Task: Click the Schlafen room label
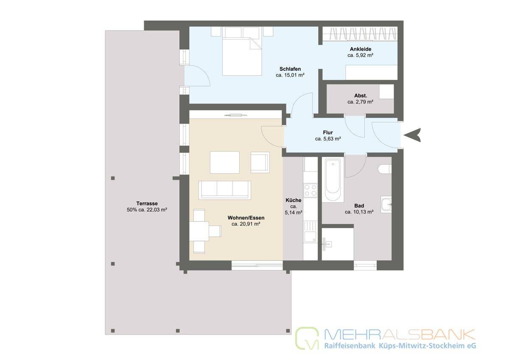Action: [290, 69]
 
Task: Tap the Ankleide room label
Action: [361, 49]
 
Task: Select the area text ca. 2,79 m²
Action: [361, 102]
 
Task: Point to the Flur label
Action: [328, 132]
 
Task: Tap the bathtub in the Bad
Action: [333, 180]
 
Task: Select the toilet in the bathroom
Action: [385, 169]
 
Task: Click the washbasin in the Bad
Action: [386, 205]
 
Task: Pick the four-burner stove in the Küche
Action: [310, 190]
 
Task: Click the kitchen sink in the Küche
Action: [310, 231]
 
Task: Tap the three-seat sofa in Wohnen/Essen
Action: [225, 190]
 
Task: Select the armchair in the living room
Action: [260, 162]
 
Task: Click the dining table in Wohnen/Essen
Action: [199, 231]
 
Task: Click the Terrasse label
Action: [147, 203]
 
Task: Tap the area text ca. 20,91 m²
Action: [246, 224]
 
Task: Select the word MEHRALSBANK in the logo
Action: [400, 334]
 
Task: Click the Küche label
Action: [294, 200]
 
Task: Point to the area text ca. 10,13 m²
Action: [359, 212]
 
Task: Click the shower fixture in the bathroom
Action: [327, 244]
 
